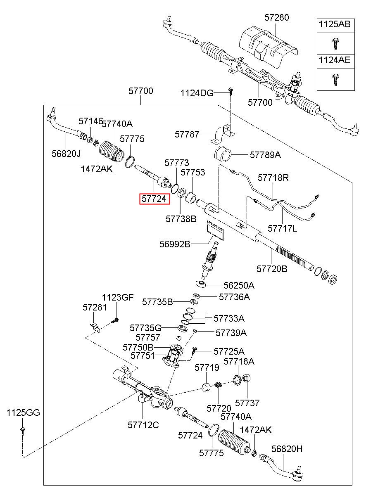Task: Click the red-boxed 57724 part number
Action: (154, 199)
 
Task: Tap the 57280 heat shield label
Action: (276, 17)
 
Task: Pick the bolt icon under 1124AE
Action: (335, 80)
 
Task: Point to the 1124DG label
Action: (197, 93)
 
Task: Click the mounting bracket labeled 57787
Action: (223, 135)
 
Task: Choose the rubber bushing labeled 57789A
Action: (223, 154)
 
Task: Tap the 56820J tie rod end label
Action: (66, 154)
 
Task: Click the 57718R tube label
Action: (273, 178)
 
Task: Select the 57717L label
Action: (282, 228)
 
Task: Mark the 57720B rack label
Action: (272, 269)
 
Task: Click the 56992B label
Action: (175, 244)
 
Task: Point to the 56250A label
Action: (239, 285)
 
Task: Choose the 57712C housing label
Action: (143, 425)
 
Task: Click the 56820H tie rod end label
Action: (287, 449)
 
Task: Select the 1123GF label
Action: (118, 297)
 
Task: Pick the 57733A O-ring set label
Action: (229, 318)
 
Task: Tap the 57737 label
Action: (247, 403)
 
